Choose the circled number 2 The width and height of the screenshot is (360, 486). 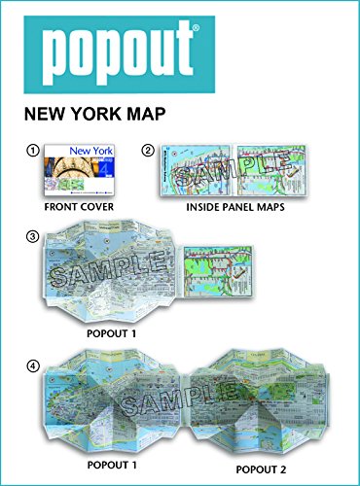point(148,150)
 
